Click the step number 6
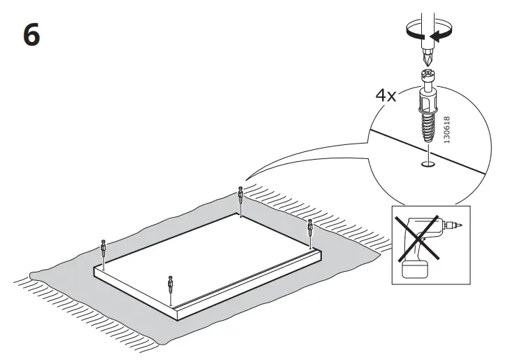click(31, 35)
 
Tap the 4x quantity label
click(386, 96)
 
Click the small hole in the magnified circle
click(426, 166)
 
